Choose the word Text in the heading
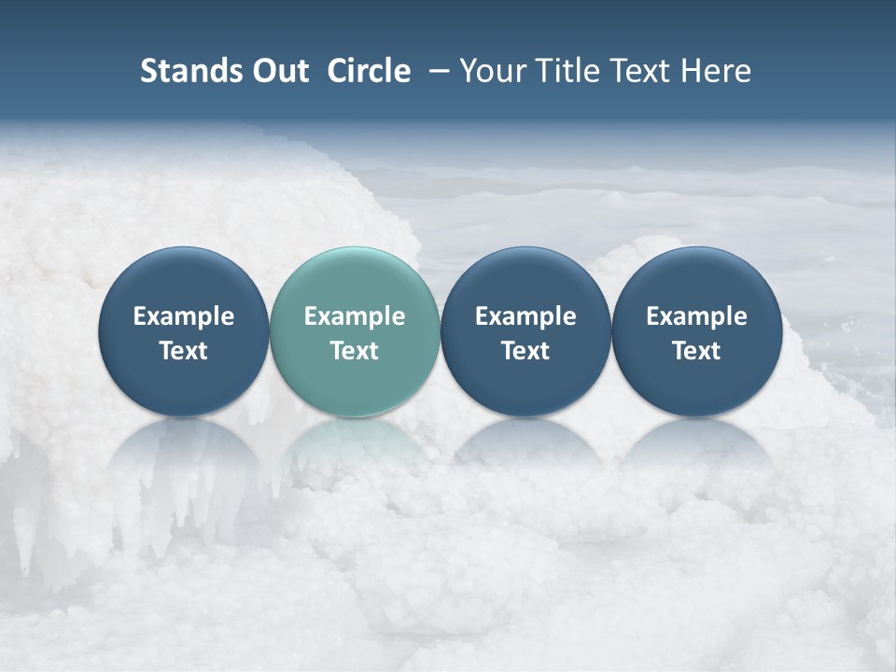tap(635, 71)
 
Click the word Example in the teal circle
tap(355, 316)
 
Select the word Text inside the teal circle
tap(355, 351)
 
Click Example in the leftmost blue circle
tap(184, 316)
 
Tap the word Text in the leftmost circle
tap(184, 351)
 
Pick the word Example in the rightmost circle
tap(696, 316)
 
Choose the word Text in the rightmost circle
tap(696, 351)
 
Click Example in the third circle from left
tap(525, 316)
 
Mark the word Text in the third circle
tap(525, 351)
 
